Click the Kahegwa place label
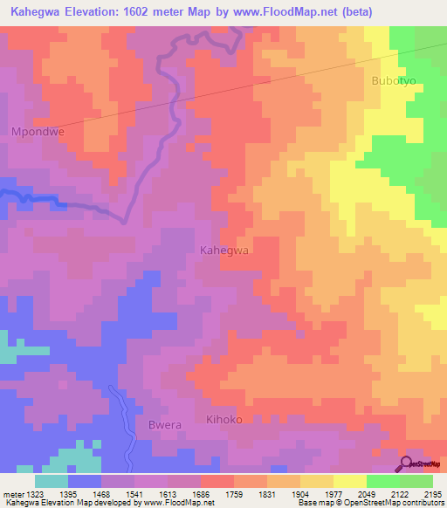pyautogui.click(x=225, y=250)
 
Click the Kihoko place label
pyautogui.click(x=223, y=420)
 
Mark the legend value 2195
pyautogui.click(x=430, y=493)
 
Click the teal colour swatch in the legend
pyautogui.click(x=52, y=480)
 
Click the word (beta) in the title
pyautogui.click(x=349, y=12)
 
